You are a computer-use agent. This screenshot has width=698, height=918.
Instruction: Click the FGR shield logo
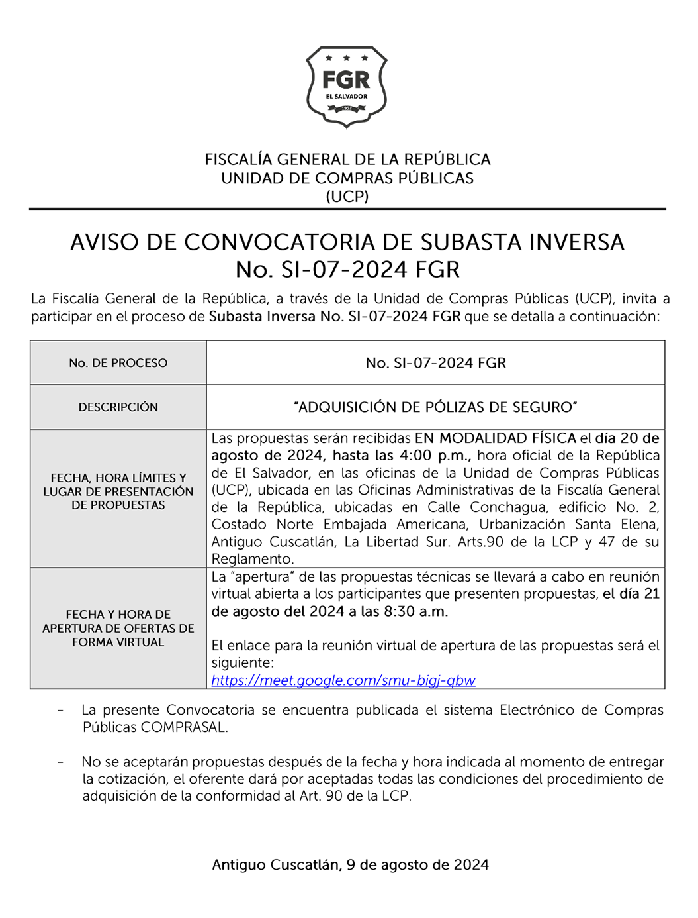pyautogui.click(x=347, y=87)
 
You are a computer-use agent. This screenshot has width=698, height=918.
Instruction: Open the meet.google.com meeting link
pyautogui.click(x=343, y=680)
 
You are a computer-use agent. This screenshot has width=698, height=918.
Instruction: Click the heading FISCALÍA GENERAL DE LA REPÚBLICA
pyautogui.click(x=347, y=160)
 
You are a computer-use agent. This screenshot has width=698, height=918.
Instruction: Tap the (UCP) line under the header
pyautogui.click(x=347, y=197)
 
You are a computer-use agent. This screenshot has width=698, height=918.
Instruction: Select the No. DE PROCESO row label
pyautogui.click(x=118, y=363)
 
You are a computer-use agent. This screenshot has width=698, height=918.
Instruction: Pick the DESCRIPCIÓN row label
pyautogui.click(x=118, y=407)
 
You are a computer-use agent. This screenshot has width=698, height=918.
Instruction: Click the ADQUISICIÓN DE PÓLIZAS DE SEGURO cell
pyautogui.click(x=435, y=407)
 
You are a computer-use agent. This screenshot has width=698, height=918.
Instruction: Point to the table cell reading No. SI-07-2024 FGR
pyautogui.click(x=435, y=363)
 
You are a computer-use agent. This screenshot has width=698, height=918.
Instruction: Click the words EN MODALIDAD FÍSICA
pyautogui.click(x=496, y=438)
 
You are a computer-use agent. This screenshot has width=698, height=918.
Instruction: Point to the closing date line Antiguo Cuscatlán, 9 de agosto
pyautogui.click(x=350, y=865)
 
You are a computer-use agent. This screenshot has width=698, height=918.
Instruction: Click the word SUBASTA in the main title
pyautogui.click(x=470, y=243)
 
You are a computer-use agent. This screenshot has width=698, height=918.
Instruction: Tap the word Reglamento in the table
pyautogui.click(x=251, y=560)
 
